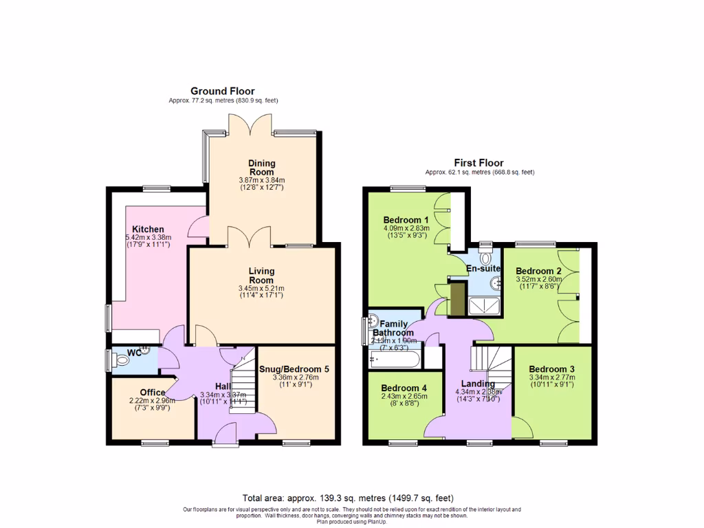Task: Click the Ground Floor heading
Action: click(222, 91)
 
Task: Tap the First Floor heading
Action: click(479, 163)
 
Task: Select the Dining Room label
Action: click(261, 168)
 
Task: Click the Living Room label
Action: click(261, 275)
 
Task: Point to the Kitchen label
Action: click(148, 229)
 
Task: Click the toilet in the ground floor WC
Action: click(122, 359)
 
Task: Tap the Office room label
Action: click(153, 393)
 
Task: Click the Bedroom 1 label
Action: click(406, 220)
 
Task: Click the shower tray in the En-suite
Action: click(484, 305)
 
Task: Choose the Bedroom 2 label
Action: click(539, 270)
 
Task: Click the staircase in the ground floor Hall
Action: click(242, 385)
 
